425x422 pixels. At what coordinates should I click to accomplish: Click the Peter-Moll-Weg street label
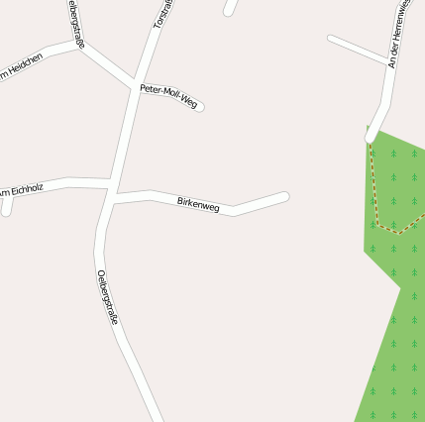pos(168,95)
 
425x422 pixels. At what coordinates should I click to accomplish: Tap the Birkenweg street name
pos(198,204)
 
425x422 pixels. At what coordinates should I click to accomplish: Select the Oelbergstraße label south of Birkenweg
pos(109,297)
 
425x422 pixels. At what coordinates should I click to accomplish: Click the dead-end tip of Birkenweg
pos(284,197)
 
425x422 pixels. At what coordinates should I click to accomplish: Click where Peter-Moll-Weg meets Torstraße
pos(133,83)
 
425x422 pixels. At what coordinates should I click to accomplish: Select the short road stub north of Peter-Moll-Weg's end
pos(232,8)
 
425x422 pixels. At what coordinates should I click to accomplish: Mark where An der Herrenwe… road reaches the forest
pos(371,135)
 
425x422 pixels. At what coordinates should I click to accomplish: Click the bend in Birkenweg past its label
pos(234,210)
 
